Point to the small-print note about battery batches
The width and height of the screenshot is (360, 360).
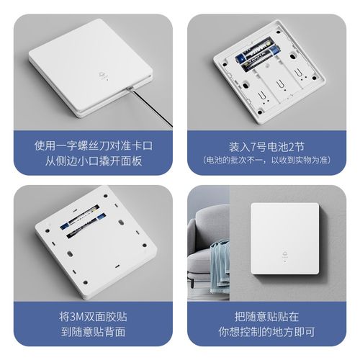[269, 160]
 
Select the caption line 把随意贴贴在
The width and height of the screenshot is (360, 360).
[269, 315]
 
